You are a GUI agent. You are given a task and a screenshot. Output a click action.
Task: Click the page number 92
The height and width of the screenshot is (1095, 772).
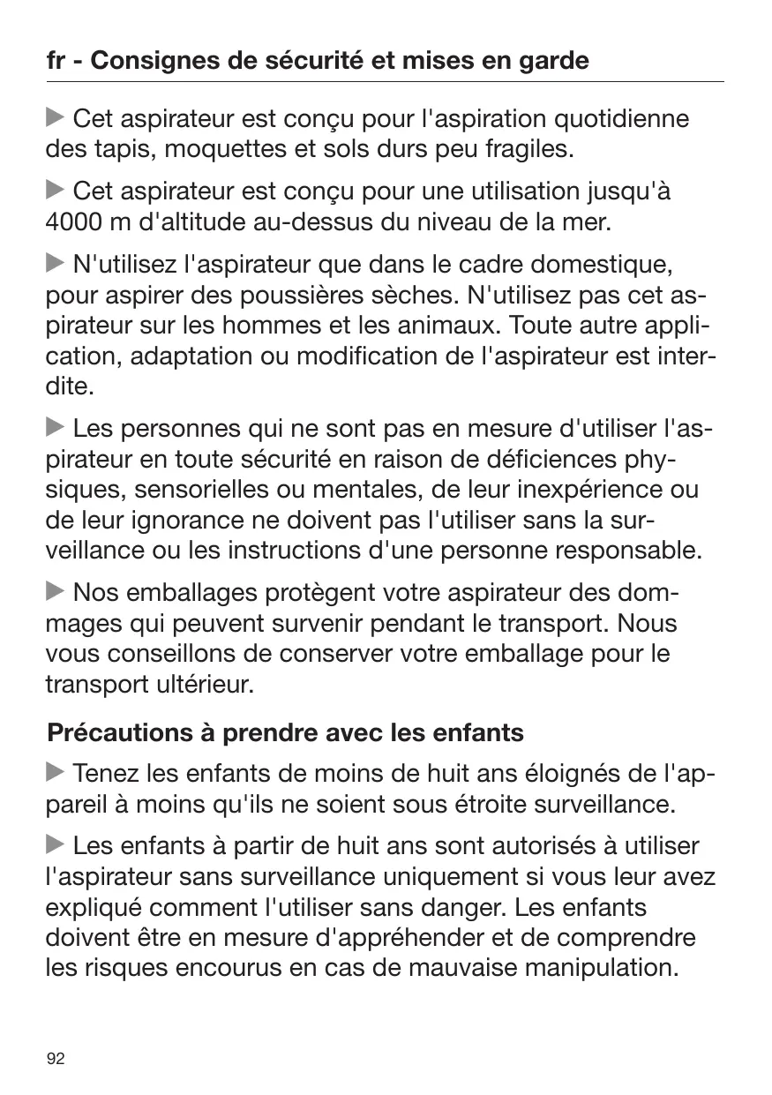(56, 1059)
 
